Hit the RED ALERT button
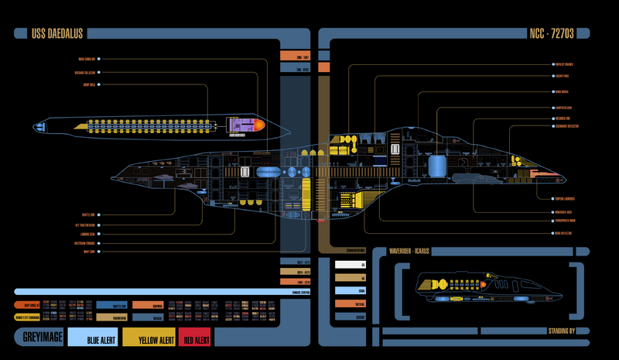tap(195, 340)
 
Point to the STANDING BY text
tap(561, 331)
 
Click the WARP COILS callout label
tap(87, 84)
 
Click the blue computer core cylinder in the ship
tap(438, 166)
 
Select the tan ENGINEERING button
tap(111, 317)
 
